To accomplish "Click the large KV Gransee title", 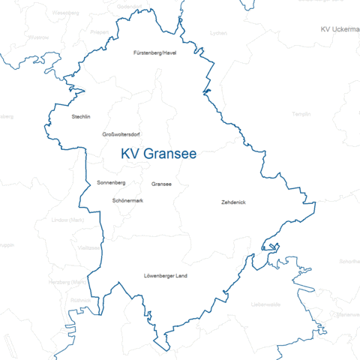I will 159,154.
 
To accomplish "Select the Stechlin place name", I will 81,117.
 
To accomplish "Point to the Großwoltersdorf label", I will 121,134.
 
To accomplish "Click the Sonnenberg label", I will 111,182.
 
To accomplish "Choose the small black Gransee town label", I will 161,184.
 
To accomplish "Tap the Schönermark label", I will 127,200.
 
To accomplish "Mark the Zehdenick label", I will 234,202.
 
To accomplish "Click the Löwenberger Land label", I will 165,276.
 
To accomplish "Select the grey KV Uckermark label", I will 339,28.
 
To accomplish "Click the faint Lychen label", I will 219,33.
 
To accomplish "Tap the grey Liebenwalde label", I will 265,304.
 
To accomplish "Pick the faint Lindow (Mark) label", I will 67,220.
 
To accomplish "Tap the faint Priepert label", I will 98,32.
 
